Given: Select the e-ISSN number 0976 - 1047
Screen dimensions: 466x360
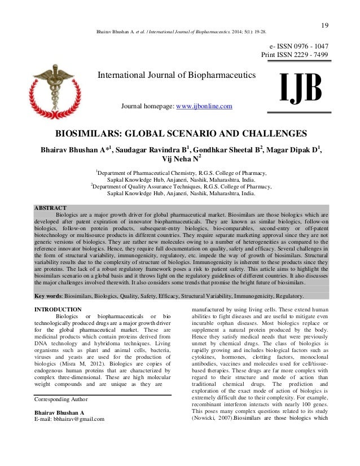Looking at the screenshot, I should pyautogui.click(x=307, y=46).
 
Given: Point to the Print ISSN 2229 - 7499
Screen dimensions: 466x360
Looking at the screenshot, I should pyautogui.click(x=295, y=55).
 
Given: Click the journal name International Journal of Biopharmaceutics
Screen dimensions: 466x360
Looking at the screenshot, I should pyautogui.click(x=177, y=75).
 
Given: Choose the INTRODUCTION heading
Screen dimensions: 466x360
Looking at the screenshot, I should pyautogui.click(x=58, y=310).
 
